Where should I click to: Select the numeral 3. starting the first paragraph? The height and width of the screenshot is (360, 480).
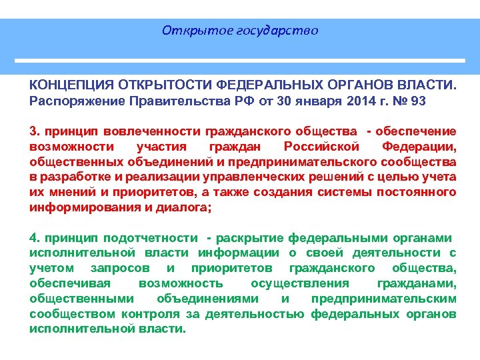[35, 131]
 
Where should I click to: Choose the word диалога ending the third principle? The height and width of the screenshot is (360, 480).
[189, 207]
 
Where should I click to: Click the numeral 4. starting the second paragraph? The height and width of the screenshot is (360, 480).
[35, 238]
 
